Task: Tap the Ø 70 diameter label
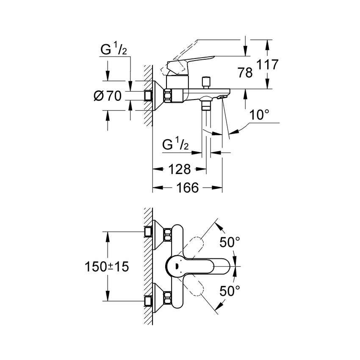click(x=107, y=96)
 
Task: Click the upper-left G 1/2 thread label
click(x=113, y=50)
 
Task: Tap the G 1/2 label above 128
click(x=175, y=145)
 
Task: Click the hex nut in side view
click(x=169, y=96)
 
